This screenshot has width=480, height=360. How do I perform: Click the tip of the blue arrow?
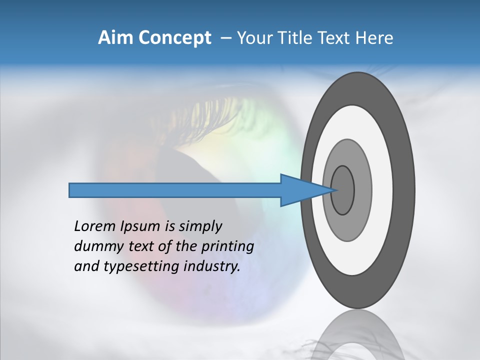335,190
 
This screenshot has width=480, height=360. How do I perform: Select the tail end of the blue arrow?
70,190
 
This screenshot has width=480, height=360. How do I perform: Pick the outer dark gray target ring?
405,190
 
